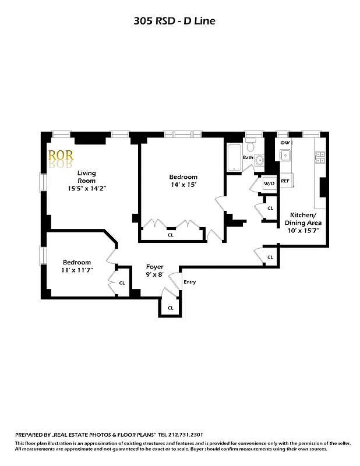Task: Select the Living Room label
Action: coord(87,176)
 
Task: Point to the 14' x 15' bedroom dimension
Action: coord(183,185)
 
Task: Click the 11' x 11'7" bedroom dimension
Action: coord(76,270)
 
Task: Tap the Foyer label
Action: coord(154,267)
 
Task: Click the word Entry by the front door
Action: coord(189,282)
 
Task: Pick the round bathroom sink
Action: coord(260,160)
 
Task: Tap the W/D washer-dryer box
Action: coord(269,183)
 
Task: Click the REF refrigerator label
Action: coord(285,181)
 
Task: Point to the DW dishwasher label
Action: coord(285,143)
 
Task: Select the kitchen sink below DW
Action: coord(285,156)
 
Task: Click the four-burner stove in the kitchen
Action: coord(320,156)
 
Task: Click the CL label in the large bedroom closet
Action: coord(171,235)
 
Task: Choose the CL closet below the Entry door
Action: coord(171,308)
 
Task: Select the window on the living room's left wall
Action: coord(42,182)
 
